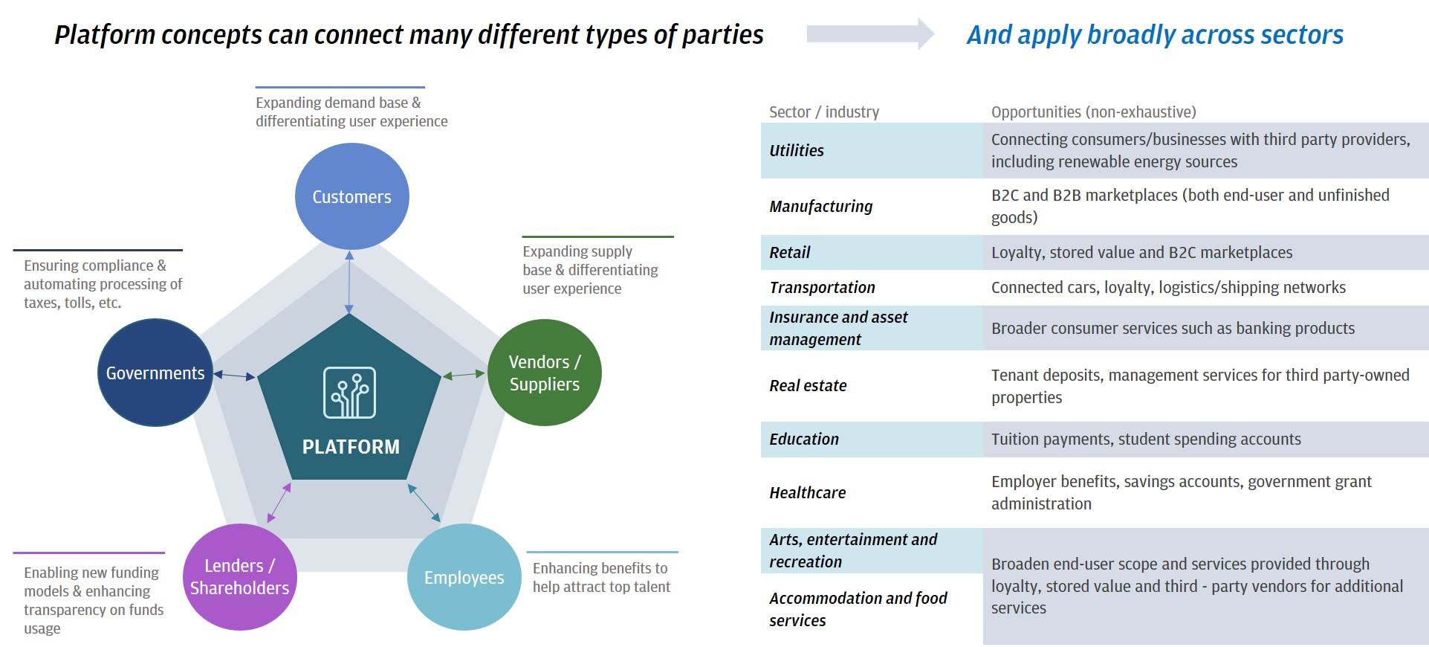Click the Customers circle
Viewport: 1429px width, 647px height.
(351, 196)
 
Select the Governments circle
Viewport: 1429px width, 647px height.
(155, 373)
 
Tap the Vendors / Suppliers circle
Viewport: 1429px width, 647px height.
(544, 373)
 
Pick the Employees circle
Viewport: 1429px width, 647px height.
(464, 577)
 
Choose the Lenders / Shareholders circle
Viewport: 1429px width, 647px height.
(239, 577)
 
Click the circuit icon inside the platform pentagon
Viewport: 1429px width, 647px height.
(349, 393)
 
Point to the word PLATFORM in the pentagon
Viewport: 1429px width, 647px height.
(351, 447)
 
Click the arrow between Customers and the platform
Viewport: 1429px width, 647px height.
(349, 283)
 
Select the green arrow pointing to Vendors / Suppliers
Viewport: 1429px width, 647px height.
(464, 375)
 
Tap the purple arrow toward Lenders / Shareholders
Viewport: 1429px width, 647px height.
(279, 503)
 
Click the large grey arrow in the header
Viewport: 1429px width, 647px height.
(870, 34)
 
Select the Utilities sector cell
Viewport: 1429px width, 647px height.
(797, 150)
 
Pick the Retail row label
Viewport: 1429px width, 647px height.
(789, 253)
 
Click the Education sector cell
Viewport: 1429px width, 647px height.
(804, 440)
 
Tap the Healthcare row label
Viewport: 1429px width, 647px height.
(807, 493)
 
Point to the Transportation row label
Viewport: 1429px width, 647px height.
(822, 288)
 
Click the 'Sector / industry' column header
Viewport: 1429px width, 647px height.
(824, 112)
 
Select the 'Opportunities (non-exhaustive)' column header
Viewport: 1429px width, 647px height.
(1093, 112)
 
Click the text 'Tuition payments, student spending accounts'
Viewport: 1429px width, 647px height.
(1146, 440)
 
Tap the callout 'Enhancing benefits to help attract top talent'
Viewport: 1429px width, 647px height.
(601, 578)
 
